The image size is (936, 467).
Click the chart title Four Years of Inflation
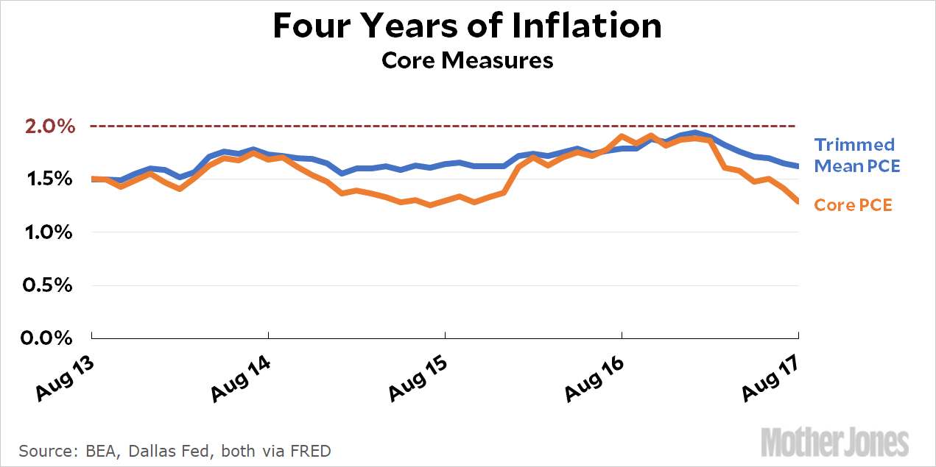[467, 26]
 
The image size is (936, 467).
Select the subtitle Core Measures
[467, 60]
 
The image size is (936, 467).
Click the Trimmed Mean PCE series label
[856, 155]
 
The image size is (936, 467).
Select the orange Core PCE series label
[853, 205]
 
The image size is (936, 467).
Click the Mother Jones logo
[834, 443]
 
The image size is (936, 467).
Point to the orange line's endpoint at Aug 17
[798, 202]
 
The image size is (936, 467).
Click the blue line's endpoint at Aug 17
[798, 165]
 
